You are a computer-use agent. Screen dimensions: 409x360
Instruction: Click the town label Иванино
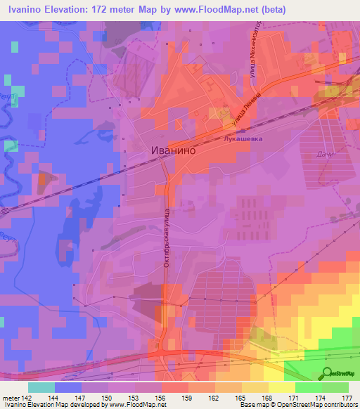point(172,150)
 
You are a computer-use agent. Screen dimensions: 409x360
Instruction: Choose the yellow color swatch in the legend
point(281,387)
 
